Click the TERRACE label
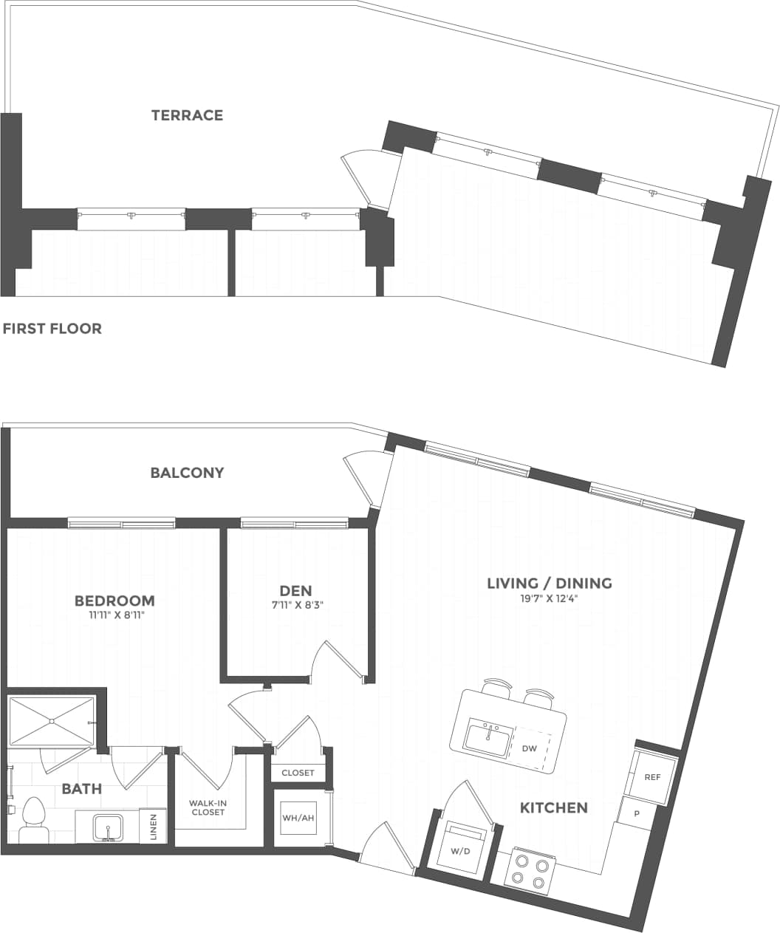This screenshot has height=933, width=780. (187, 115)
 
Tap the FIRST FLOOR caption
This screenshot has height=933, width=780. (52, 329)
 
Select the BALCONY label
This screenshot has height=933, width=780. (187, 473)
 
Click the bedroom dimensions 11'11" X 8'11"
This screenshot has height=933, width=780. (114, 615)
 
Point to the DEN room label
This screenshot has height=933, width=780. (295, 590)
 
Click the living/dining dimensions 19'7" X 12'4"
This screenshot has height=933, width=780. (549, 599)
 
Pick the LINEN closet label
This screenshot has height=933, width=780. (153, 826)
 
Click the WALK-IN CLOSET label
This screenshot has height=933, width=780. (207, 807)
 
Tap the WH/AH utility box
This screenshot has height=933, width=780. (298, 818)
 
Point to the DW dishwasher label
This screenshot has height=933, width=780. (530, 748)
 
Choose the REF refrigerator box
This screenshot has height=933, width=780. (651, 777)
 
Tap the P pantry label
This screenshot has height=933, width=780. (637, 813)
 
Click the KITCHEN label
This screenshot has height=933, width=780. (554, 807)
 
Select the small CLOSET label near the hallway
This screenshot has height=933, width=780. (298, 773)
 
